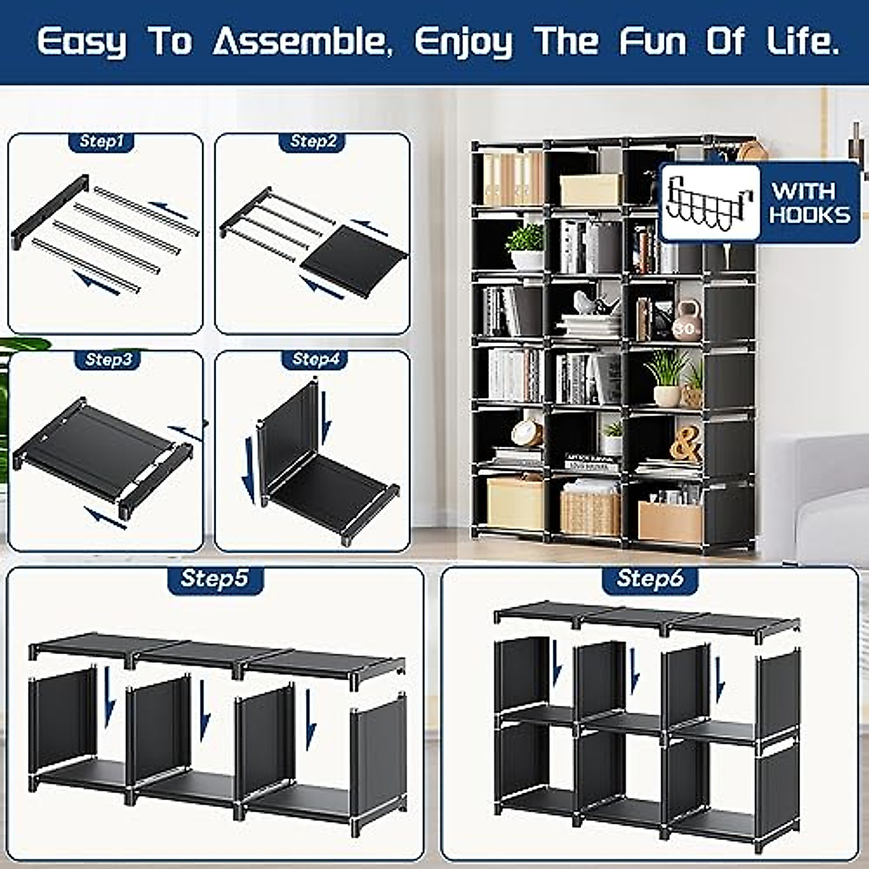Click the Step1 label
pyautogui.click(x=102, y=141)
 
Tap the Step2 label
pyautogui.click(x=313, y=141)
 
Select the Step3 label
pyautogui.click(x=109, y=359)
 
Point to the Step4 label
pyautogui.click(x=316, y=359)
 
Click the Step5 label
pyautogui.click(x=214, y=578)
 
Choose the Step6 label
pyautogui.click(x=650, y=578)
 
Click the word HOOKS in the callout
pyautogui.click(x=810, y=214)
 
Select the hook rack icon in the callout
pyautogui.click(x=709, y=203)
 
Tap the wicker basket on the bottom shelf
pyautogui.click(x=590, y=511)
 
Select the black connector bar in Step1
pyautogui.click(x=49, y=210)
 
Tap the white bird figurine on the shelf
pyautogui.click(x=593, y=304)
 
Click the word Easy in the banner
pyautogui.click(x=81, y=42)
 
